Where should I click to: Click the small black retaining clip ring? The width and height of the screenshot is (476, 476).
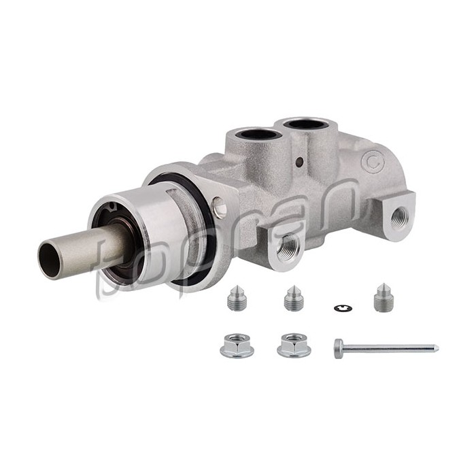[343, 309]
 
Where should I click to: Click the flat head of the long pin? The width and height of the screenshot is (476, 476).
[339, 349]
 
